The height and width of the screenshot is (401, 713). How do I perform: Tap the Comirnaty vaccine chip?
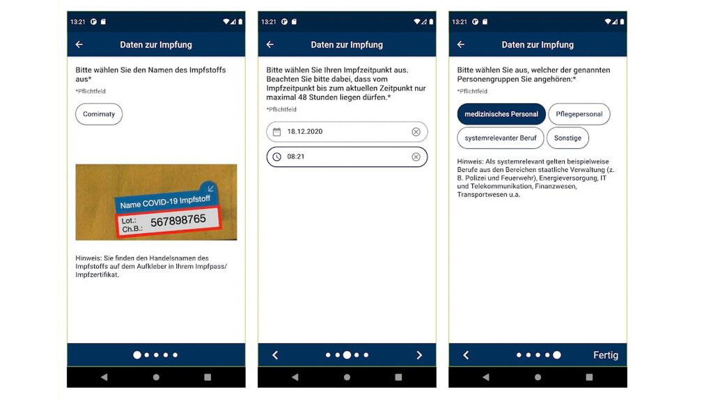pos(99,114)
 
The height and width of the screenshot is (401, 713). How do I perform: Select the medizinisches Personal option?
pos(501,114)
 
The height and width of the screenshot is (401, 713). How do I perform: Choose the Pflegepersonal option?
pos(579,114)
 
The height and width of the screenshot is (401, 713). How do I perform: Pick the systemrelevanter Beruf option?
pos(500,138)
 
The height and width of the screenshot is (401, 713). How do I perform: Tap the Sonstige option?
pos(567,138)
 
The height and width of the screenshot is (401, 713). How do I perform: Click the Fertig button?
pos(605,355)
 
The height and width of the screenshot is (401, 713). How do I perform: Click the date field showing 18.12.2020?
pos(341,132)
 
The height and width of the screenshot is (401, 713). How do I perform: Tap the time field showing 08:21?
pos(341,157)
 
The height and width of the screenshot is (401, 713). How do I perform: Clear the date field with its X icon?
pos(416,132)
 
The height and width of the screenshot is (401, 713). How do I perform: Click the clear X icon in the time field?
pos(416,157)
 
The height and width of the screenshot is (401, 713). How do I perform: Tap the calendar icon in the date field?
pos(276,132)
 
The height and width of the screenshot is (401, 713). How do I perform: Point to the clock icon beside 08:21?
pos(276,157)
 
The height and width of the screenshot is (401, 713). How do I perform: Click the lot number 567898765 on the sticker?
pos(178,220)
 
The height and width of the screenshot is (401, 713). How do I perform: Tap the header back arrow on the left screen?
pos(79,45)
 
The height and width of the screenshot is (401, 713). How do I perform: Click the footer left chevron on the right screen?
pos(466,355)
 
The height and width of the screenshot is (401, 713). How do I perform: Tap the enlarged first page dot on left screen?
pos(137,355)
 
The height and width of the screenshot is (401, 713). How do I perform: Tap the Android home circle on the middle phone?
pos(347,377)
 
